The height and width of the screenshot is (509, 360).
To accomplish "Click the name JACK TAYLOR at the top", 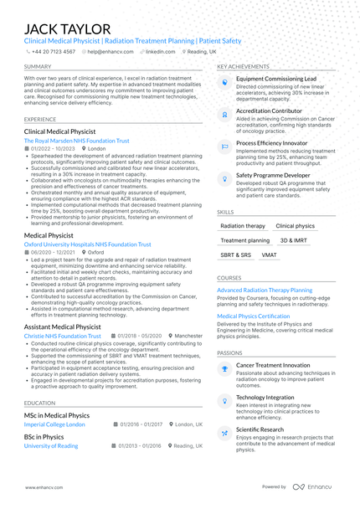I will click(68, 29).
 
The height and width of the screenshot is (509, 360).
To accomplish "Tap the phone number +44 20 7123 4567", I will click(54, 51).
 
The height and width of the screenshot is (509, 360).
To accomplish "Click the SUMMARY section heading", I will click(38, 66).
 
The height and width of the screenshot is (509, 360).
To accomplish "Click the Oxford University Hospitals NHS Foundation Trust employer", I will click(88, 244).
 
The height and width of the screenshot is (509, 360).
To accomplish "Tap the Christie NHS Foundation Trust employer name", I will click(63, 336).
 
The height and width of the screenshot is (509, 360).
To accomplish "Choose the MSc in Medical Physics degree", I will click(57, 415).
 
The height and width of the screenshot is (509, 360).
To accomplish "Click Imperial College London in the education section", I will click(55, 424).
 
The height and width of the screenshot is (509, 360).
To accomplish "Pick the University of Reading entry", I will click(52, 446).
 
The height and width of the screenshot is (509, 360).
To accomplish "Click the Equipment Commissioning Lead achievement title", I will click(276, 78).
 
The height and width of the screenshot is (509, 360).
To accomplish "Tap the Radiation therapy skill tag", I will click(243, 226).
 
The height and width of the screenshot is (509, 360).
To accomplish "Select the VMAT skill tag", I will click(270, 254).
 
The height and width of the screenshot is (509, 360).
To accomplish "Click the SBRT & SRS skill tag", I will click(235, 254).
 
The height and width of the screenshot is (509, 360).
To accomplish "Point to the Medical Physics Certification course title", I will click(254, 316).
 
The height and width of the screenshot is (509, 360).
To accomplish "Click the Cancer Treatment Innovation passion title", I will click(283, 365).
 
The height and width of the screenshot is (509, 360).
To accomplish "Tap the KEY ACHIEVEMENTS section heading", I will click(243, 66).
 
